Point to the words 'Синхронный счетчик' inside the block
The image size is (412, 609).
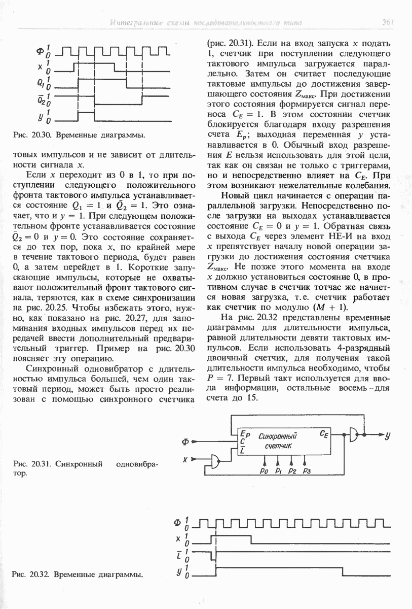[x=277, y=440]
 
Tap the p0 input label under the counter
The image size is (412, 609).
[x=263, y=470]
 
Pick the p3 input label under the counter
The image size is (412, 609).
[x=306, y=470]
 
